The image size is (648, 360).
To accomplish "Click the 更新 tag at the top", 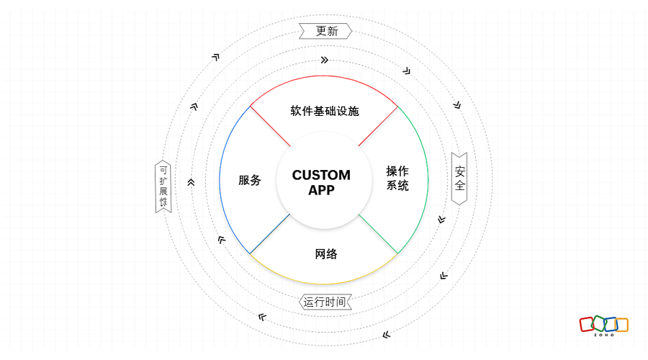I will (x=325, y=31).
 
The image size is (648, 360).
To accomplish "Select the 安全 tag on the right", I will (x=459, y=179).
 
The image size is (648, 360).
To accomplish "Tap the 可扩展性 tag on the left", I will (x=163, y=186).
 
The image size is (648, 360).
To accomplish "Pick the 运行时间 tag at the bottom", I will (x=325, y=302).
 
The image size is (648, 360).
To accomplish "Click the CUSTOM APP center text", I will (x=322, y=182).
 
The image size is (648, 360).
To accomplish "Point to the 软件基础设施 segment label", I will (x=325, y=111).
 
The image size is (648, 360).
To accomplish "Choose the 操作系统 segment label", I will (x=397, y=178).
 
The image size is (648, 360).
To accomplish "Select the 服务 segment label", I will (x=250, y=180).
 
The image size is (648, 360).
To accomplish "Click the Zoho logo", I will (x=604, y=325).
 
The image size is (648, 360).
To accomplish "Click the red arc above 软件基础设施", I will (x=324, y=76).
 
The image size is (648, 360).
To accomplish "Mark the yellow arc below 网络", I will (x=324, y=284).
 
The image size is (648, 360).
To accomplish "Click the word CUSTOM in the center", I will (x=322, y=175).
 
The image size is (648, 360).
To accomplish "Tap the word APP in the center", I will (x=322, y=190).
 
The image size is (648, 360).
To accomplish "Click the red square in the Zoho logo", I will (x=587, y=324).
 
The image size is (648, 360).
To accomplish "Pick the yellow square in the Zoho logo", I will (x=621, y=324).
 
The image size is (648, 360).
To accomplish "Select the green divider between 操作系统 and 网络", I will (x=378, y=234).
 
